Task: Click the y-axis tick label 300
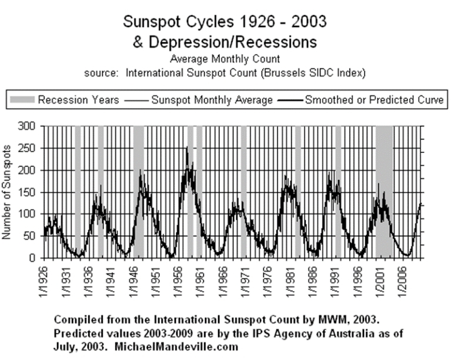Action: [28, 126]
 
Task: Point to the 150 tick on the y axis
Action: [28, 192]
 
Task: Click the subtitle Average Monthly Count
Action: [225, 59]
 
